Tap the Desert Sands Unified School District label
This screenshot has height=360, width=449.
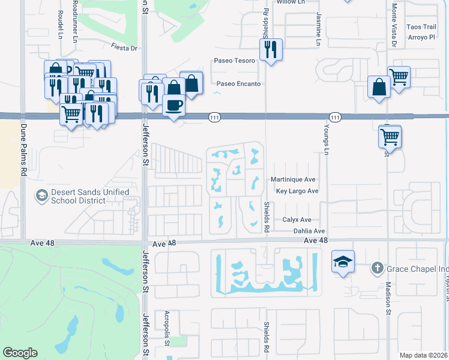(89, 196)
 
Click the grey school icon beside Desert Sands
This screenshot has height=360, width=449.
(41, 195)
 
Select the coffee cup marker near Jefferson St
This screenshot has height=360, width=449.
(173, 106)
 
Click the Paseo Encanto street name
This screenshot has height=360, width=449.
(238, 84)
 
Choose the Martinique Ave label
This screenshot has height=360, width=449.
(292, 179)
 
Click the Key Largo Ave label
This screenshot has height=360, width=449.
(297, 191)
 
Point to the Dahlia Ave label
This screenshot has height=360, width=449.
(309, 231)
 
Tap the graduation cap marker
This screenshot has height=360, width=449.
(342, 262)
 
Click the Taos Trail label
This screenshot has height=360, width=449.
(421, 27)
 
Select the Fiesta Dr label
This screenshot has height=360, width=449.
(124, 47)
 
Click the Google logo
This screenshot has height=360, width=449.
(20, 353)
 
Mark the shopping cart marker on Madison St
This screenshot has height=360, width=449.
(390, 137)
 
